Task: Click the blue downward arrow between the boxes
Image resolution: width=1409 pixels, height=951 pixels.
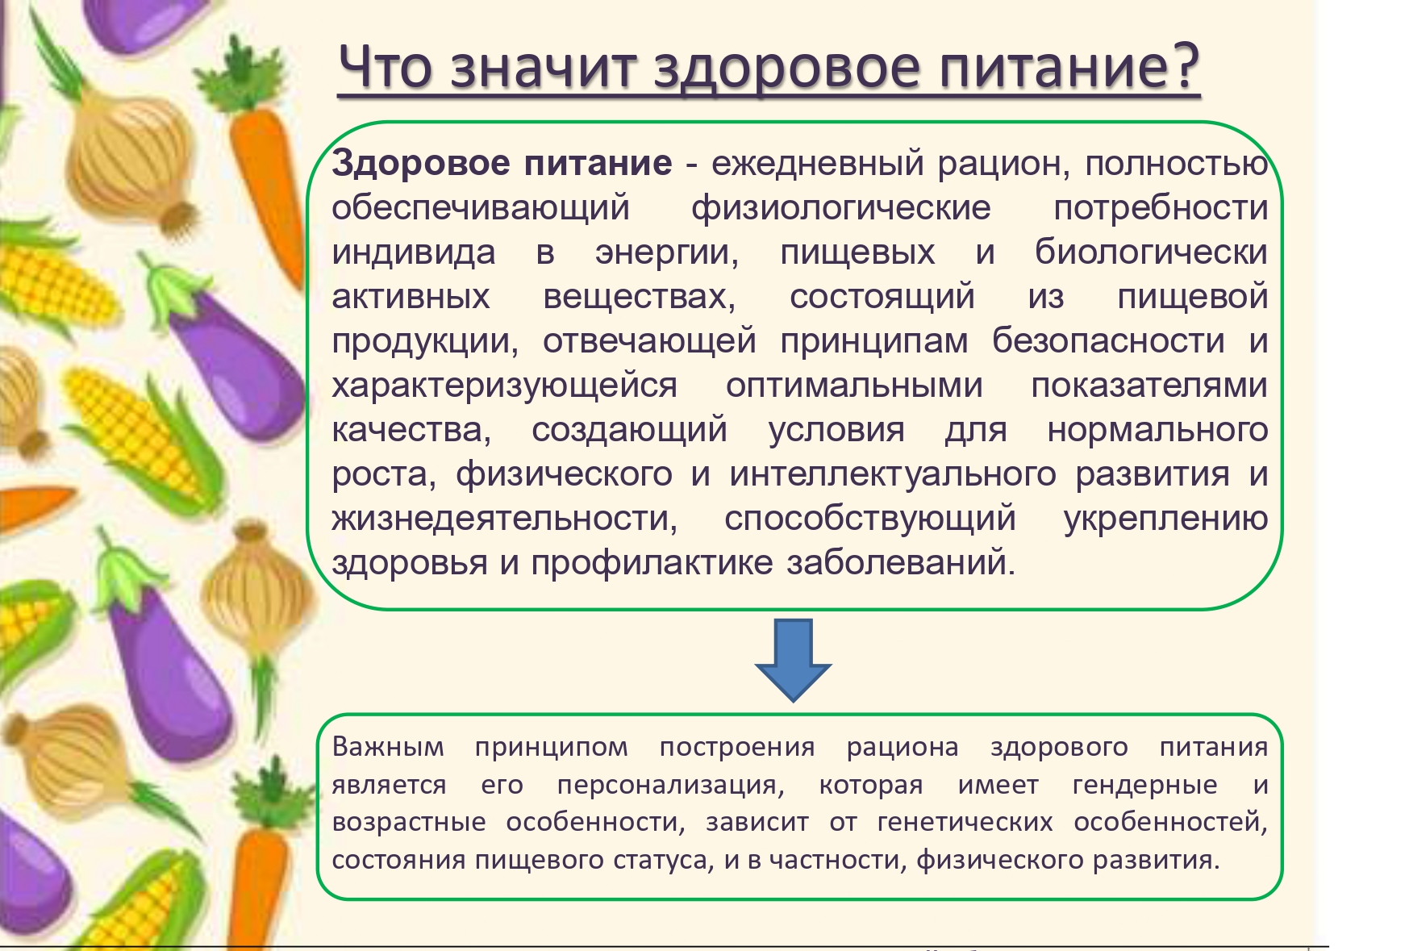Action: [x=793, y=660]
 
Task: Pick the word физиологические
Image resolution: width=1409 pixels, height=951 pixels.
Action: [x=841, y=208]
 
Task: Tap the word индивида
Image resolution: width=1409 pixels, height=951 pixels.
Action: [x=414, y=252]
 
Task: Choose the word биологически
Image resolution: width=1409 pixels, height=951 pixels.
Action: [x=1152, y=252]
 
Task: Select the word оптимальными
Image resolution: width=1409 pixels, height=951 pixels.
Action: [x=854, y=386]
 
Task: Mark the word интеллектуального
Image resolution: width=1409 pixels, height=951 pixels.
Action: [x=893, y=473]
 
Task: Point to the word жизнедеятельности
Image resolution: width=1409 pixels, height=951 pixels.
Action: [x=505, y=519]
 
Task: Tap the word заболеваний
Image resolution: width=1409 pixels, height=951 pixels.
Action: [x=901, y=563]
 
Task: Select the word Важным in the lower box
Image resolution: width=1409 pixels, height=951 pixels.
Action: [x=388, y=747]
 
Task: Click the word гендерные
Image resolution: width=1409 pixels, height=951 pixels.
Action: [x=1144, y=785]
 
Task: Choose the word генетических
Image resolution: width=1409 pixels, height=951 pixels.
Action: [x=965, y=822]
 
